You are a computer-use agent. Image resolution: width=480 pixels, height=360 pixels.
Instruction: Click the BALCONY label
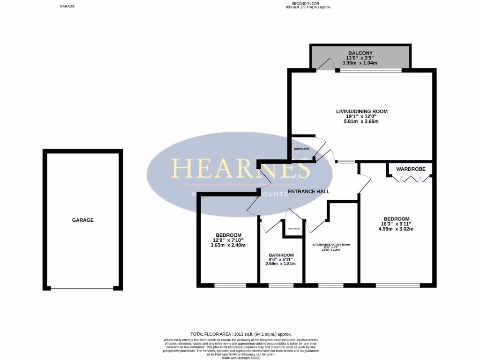(x=360, y=52)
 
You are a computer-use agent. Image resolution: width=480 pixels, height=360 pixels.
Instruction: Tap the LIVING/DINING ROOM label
(x=361, y=111)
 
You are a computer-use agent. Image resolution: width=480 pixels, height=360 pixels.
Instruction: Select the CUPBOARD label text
(x=301, y=149)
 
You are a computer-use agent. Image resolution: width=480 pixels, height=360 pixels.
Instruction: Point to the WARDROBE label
(x=410, y=168)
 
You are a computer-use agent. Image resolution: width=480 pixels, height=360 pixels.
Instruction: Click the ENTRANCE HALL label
(x=308, y=191)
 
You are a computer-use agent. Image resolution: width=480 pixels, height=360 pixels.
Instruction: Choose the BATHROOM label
(x=281, y=255)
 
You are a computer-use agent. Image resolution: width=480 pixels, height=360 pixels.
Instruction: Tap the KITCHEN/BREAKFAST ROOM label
(x=331, y=245)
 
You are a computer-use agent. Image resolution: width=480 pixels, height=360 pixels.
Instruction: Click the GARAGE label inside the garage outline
(x=82, y=220)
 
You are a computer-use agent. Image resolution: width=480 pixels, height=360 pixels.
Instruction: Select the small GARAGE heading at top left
(x=67, y=7)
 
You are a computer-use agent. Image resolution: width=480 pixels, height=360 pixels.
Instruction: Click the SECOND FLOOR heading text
(x=309, y=4)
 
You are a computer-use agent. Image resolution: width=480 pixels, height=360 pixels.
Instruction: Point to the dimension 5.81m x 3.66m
(x=361, y=121)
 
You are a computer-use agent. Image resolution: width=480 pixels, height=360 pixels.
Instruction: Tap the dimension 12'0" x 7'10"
(x=229, y=240)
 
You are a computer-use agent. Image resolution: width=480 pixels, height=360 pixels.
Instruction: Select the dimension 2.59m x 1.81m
(x=281, y=264)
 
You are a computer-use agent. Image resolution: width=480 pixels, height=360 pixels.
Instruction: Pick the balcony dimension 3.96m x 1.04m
(x=360, y=62)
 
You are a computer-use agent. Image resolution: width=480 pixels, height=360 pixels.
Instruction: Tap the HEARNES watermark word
(x=240, y=168)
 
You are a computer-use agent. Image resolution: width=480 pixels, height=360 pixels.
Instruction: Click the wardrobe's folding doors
(x=410, y=179)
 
